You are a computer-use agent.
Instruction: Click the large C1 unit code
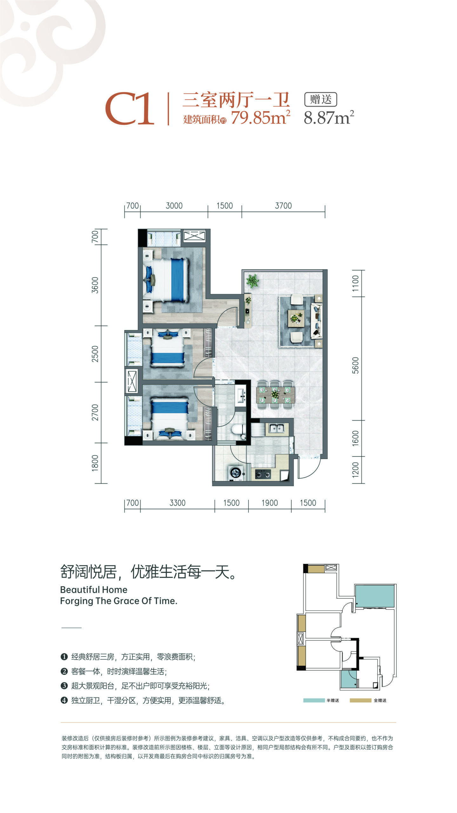130,109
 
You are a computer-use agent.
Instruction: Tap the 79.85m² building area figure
261,117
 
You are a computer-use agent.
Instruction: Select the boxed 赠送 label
321,99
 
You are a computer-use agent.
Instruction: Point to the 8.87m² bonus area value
329,117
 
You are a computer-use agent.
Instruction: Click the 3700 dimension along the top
283,206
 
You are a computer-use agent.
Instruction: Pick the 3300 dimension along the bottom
177,503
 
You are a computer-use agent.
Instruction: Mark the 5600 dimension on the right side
355,365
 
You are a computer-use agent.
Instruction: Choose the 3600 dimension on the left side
95,285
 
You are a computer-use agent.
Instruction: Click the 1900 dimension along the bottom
270,503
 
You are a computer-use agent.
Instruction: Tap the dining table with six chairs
275,395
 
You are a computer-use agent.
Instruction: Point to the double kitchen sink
276,428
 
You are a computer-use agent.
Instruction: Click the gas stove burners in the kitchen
263,474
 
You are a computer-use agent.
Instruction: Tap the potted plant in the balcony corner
252,281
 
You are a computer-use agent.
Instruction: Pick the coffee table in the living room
296,318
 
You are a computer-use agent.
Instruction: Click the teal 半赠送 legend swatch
314,700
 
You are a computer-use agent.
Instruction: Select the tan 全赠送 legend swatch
361,700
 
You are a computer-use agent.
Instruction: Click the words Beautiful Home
94,590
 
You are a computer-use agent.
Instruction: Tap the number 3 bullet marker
64,686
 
